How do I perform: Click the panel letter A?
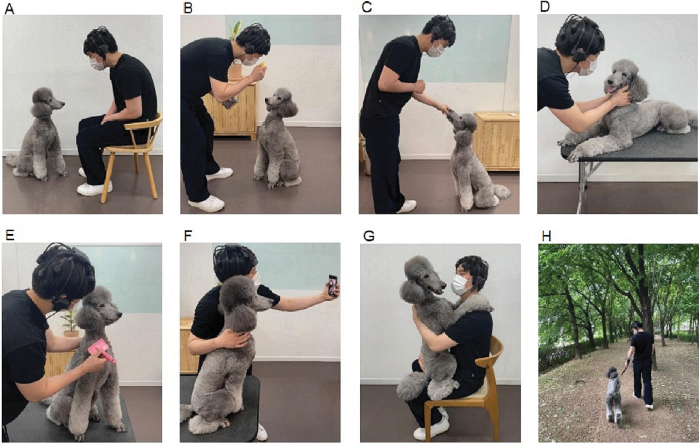tap(9, 9)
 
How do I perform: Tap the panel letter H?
tap(546, 236)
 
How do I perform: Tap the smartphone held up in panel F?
tap(333, 285)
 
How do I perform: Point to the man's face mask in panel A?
tap(97, 63)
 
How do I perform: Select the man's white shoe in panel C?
tap(407, 206)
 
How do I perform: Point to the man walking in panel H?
tap(642, 362)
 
